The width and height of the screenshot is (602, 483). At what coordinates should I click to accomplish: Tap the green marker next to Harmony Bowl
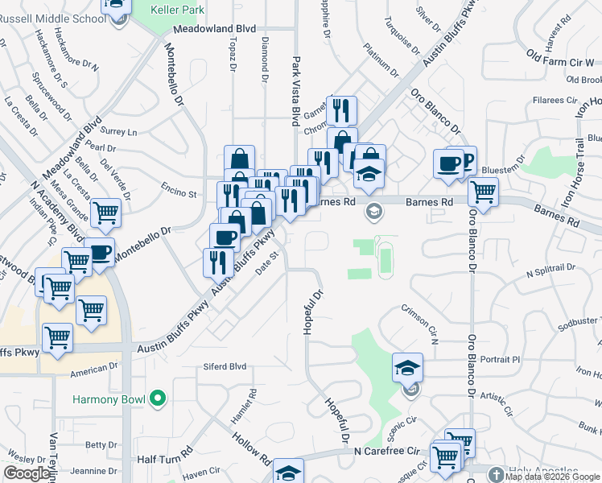tap(158, 398)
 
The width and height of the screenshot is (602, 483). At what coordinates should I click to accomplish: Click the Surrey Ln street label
tap(119, 131)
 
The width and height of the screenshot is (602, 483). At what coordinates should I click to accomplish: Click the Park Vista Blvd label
tap(296, 91)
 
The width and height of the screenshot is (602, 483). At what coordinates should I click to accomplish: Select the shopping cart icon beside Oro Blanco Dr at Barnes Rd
tap(483, 191)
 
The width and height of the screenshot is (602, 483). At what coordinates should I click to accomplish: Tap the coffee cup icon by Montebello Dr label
tap(100, 252)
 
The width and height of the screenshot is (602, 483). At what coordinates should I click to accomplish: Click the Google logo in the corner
tap(27, 473)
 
